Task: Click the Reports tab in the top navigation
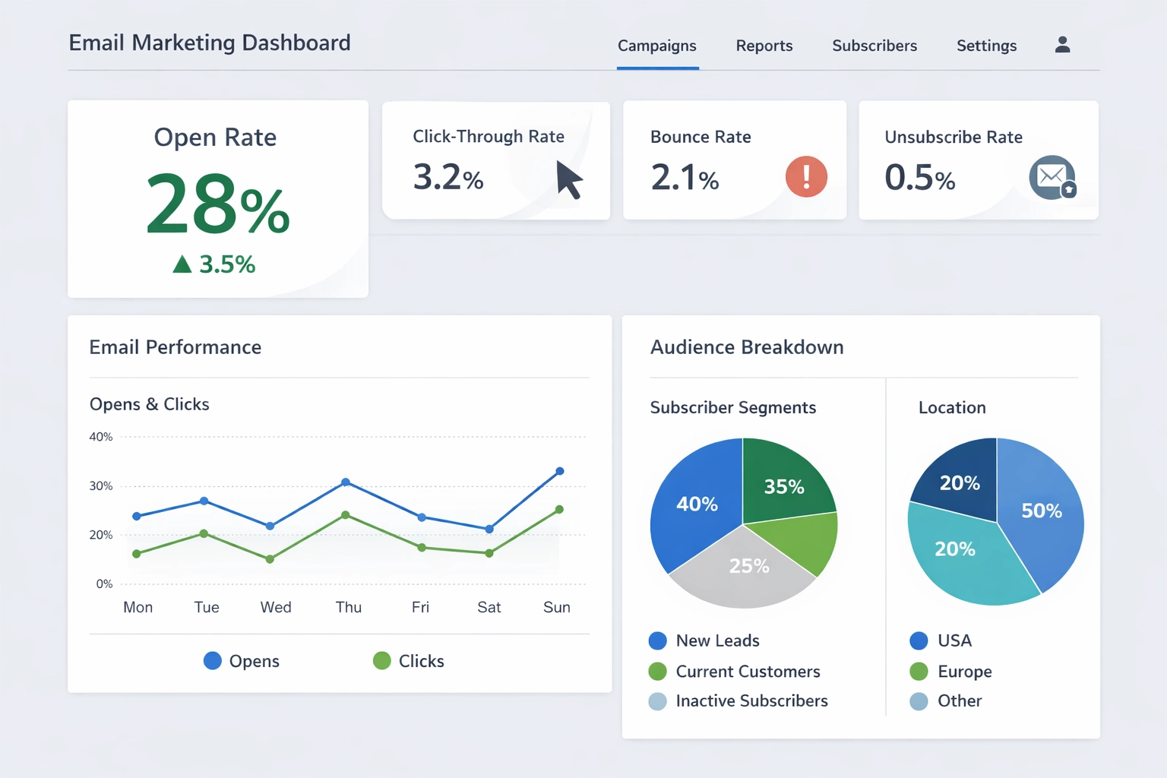764,46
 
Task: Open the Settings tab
986,46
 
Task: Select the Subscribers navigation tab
874,46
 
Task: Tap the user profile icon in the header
1062,45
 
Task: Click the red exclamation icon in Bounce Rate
806,177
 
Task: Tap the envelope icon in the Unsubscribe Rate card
1052,178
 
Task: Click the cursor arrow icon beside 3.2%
568,179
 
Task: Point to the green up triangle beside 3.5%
182,264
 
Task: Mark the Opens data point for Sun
560,471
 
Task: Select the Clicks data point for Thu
346,515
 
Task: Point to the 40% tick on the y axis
101,437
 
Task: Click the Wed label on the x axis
276,607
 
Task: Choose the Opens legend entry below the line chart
242,661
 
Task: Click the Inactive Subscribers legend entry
738,701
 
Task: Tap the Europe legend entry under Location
951,672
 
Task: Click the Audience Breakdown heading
747,347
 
